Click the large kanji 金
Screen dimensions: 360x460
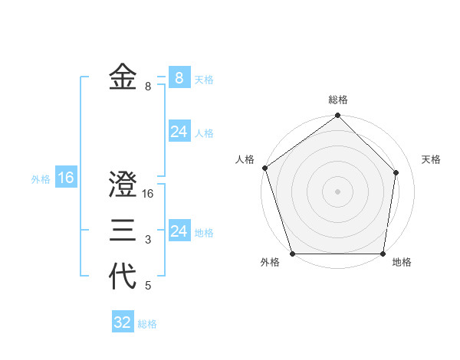pos(123,77)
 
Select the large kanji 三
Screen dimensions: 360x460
pos(123,231)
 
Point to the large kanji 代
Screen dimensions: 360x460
pos(123,277)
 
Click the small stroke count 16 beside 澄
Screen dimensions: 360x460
pos(149,195)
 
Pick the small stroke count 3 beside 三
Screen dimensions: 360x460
pos(148,241)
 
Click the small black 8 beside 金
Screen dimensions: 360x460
pos(148,87)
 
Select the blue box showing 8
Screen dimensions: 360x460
pos(179,77)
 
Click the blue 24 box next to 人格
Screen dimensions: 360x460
pos(179,132)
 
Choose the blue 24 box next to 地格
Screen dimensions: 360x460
pos(179,231)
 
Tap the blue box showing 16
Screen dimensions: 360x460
pos(65,178)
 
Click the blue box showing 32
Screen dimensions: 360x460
pos(123,322)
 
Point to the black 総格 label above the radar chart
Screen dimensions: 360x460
pos(338,100)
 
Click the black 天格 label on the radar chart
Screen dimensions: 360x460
pos(432,159)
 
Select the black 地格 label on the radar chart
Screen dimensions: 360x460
pos(402,262)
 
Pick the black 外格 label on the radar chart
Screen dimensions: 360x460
pos(270,262)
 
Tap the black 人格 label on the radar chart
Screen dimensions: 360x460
pos(245,159)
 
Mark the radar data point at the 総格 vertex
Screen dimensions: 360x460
pos(338,116)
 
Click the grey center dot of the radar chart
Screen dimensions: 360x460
pos(338,191)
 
